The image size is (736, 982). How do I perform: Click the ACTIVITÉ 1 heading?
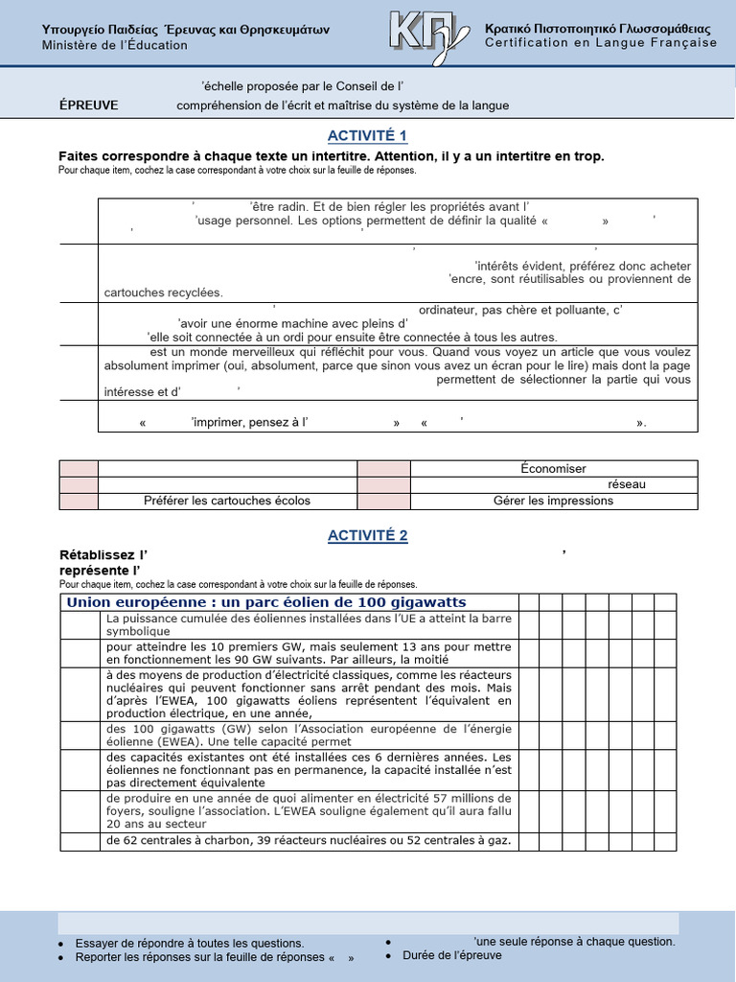368,135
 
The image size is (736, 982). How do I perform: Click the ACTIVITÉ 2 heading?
368,536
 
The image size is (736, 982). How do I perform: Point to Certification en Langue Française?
601,43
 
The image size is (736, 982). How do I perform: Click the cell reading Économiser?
553,469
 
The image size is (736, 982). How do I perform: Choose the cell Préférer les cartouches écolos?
227,501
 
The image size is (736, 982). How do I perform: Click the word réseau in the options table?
627,485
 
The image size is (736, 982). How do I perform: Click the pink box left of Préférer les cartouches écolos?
79,501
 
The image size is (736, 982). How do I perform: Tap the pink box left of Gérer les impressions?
384,501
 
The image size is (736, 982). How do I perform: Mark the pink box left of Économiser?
384,469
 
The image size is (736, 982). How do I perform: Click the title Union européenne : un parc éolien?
265,602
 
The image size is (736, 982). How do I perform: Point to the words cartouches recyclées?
163,292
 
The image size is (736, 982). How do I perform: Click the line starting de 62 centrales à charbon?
308,841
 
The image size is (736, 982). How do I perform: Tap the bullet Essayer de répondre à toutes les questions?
190,943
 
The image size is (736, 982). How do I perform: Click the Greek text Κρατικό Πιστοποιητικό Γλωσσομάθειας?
601,29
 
